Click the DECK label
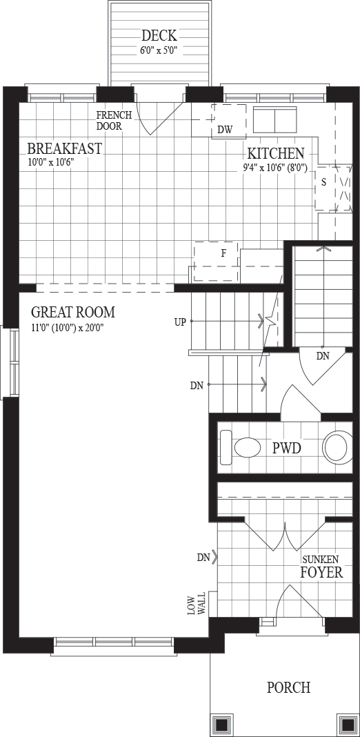159,35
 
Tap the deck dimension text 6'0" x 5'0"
159,49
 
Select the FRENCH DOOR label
114,121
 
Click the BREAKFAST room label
64,148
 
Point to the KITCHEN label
276,154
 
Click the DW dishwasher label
225,130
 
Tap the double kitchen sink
275,120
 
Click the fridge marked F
216,262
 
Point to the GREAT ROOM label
73,312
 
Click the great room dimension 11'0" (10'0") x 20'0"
67,328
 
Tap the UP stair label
181,322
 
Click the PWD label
287,449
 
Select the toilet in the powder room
241,448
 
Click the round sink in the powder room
337,446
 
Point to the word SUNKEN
321,560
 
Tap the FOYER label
322,573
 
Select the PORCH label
288,687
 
